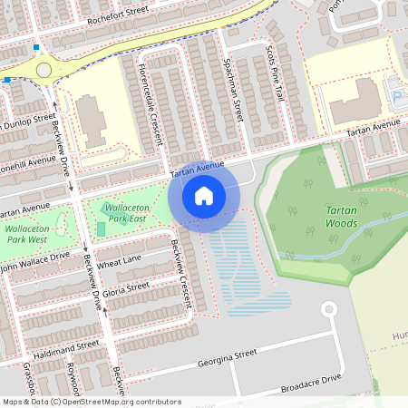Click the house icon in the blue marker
204,195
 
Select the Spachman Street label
232,92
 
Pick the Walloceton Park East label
125,213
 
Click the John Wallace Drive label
34,264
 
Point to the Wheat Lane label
120,262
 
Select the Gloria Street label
126,288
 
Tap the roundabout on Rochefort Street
44,70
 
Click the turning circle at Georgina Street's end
328,309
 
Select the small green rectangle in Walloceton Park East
101,228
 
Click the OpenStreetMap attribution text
91,402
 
